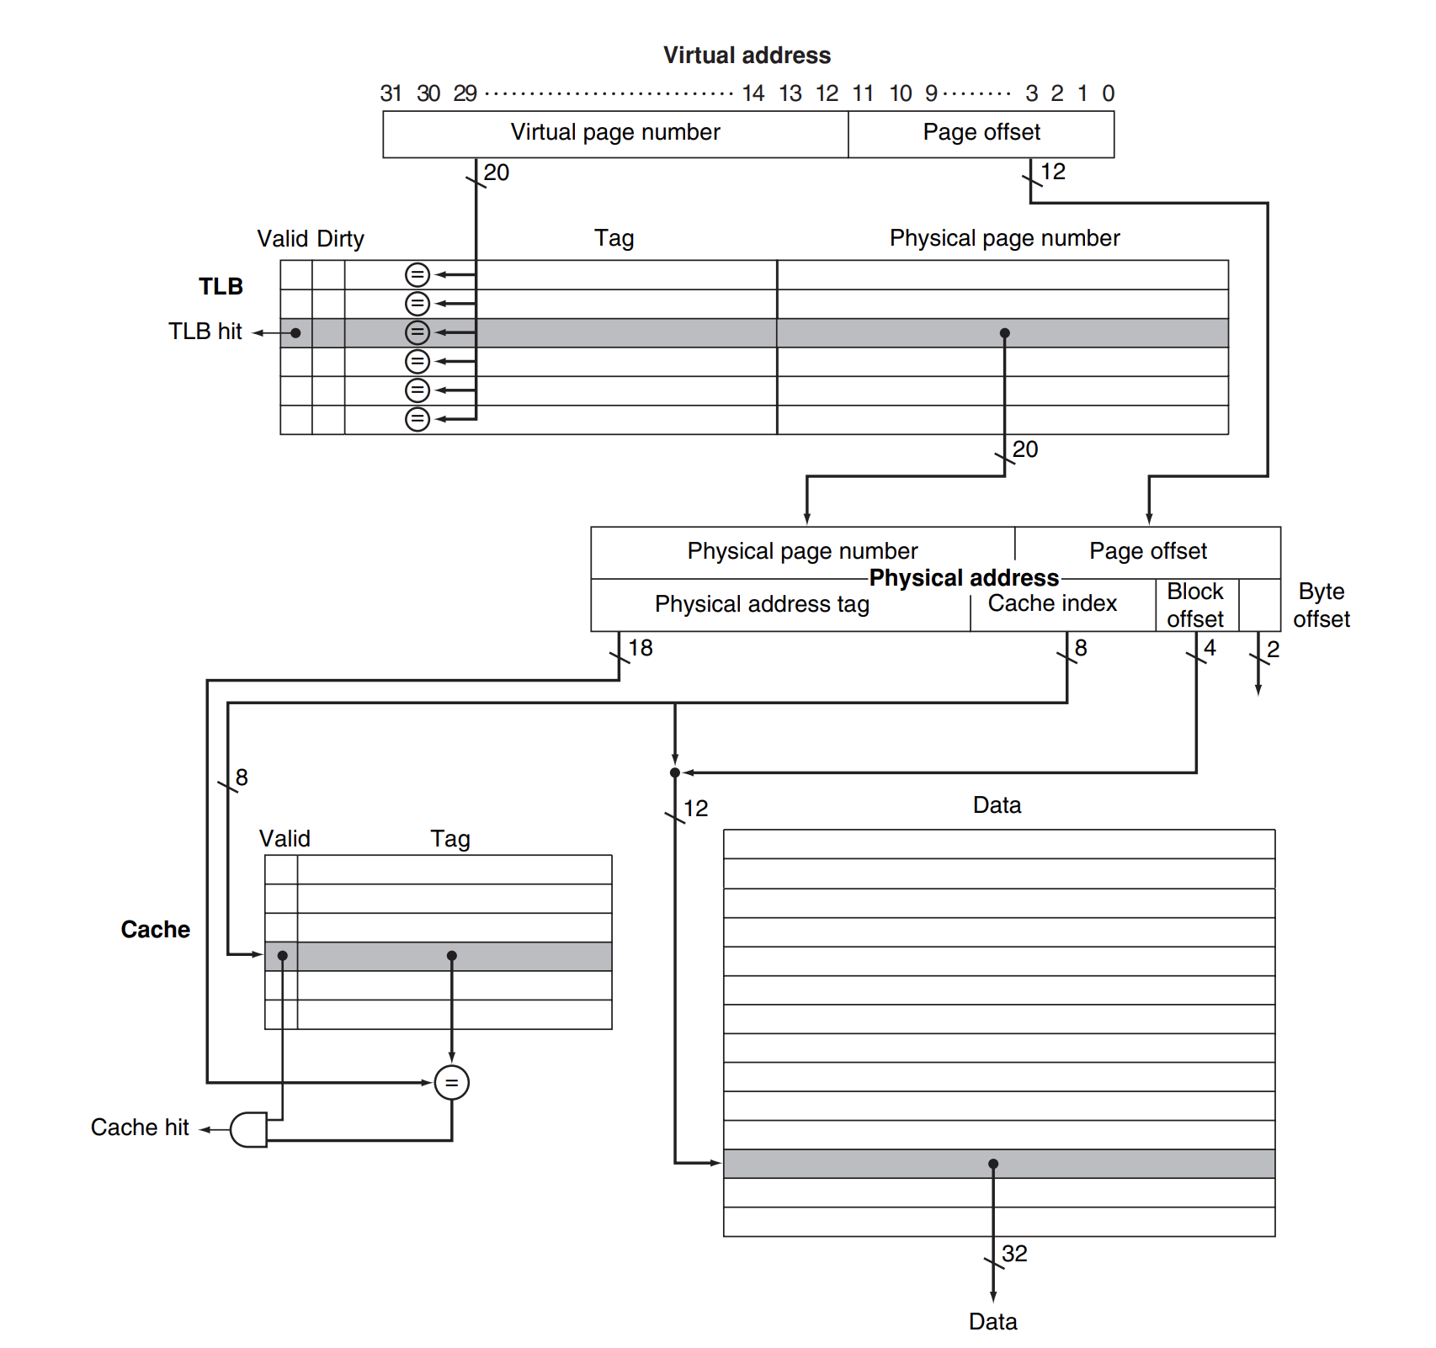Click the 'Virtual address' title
click(747, 56)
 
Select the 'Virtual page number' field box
click(615, 133)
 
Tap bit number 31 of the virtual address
click(391, 93)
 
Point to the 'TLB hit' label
click(205, 332)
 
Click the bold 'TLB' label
click(221, 287)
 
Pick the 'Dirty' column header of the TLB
click(340, 239)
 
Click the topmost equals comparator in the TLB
click(418, 274)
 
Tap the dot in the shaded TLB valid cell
click(295, 333)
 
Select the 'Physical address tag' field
click(762, 604)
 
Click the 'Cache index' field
click(1052, 603)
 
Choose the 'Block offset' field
click(1194, 605)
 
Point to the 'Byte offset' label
click(1321, 605)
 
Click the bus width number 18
click(641, 648)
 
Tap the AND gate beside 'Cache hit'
click(248, 1129)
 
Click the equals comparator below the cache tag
click(452, 1083)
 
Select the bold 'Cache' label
click(156, 930)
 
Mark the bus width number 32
click(1014, 1254)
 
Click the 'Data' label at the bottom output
click(992, 1322)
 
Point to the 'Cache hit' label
click(140, 1128)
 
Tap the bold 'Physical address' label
click(964, 578)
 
